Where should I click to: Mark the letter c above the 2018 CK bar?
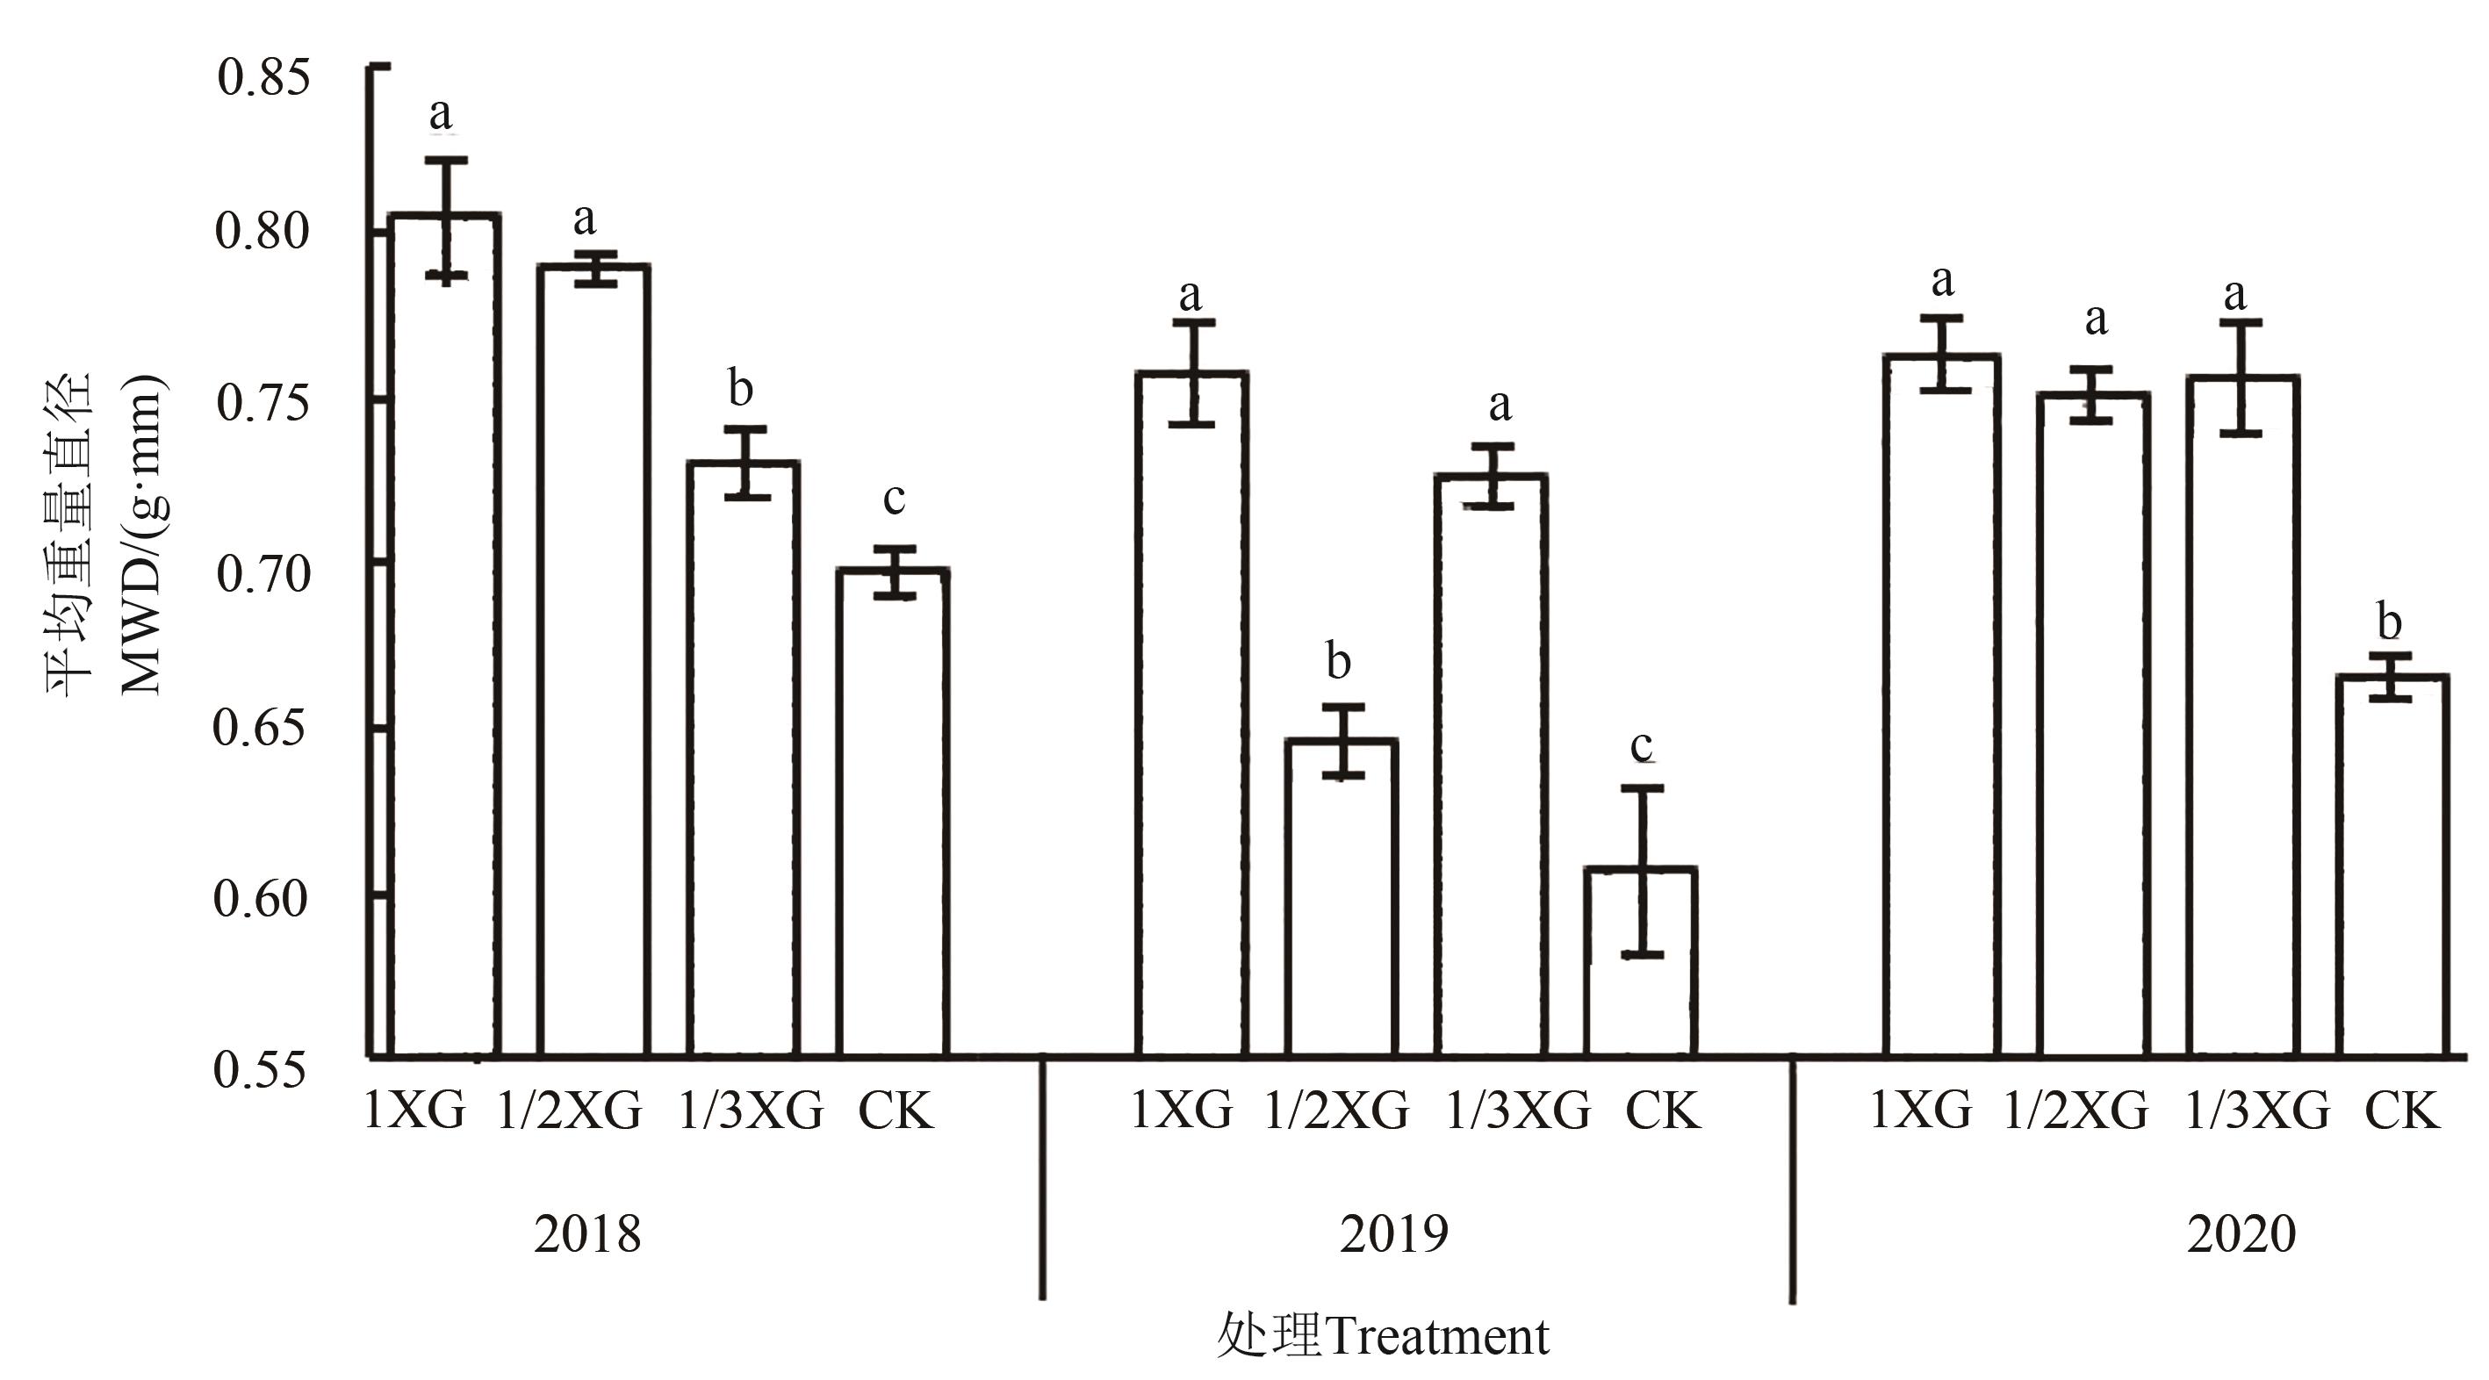pyautogui.click(x=894, y=499)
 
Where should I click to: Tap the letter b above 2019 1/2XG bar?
pyautogui.click(x=1338, y=662)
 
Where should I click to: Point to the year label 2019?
pyautogui.click(x=1393, y=1234)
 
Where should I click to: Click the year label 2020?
pyautogui.click(x=2241, y=1234)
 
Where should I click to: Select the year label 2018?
pyautogui.click(x=587, y=1234)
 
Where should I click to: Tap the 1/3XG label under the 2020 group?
pyautogui.click(x=2256, y=1111)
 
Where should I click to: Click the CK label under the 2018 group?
pyautogui.click(x=896, y=1111)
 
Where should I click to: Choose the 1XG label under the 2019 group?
pyautogui.click(x=1182, y=1111)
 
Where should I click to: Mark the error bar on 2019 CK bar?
pyautogui.click(x=1642, y=871)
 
